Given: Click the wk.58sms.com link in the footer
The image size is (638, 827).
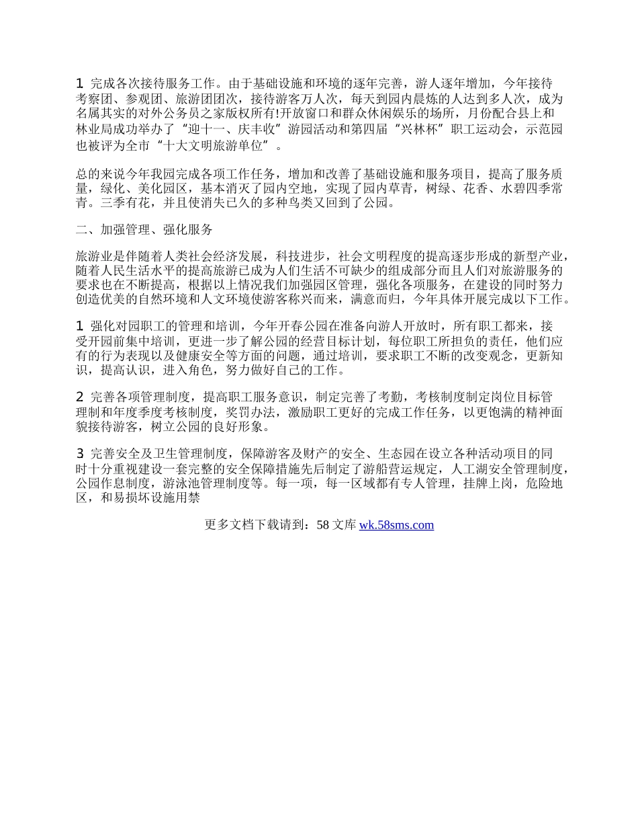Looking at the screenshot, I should pyautogui.click(x=396, y=525).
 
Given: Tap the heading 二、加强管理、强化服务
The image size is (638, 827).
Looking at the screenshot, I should pyautogui.click(x=144, y=230).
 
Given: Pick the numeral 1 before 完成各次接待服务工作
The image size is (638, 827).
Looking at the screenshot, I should pyautogui.click(x=79, y=84).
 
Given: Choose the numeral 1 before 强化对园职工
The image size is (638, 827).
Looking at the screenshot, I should pyautogui.click(x=79, y=326).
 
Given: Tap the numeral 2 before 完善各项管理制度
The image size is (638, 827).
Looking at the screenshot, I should pyautogui.click(x=79, y=397).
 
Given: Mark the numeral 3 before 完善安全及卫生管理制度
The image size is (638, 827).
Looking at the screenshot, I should pyautogui.click(x=79, y=453).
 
